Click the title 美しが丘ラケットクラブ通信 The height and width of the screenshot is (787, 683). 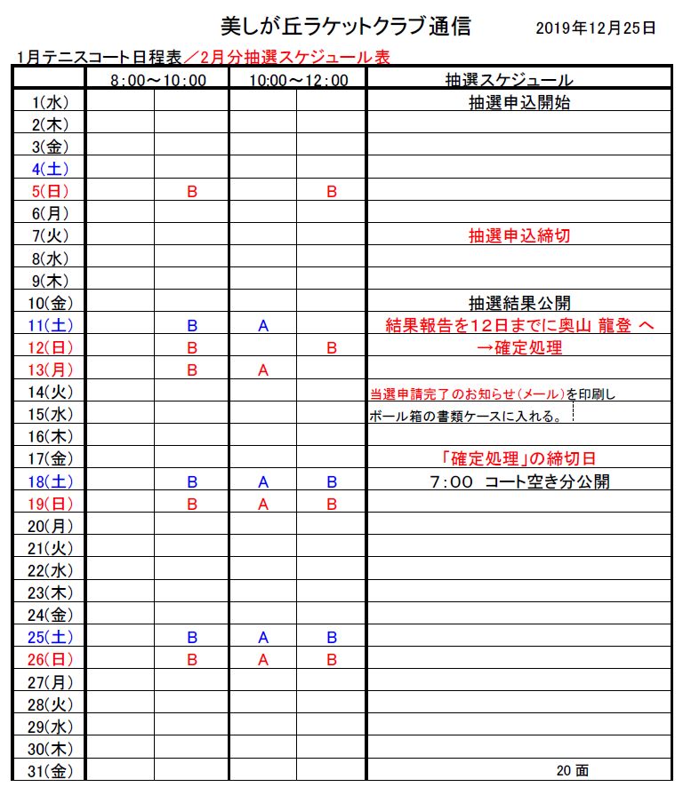[x=345, y=26]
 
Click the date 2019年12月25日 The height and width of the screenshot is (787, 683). [x=596, y=28]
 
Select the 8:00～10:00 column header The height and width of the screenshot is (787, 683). [x=157, y=80]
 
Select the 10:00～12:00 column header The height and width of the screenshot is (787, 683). [x=297, y=80]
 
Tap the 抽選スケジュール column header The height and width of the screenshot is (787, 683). [x=520, y=80]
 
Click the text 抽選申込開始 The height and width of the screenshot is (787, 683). [x=519, y=102]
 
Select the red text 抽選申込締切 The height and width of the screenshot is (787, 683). [x=519, y=235]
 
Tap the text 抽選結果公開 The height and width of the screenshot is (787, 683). [x=519, y=303]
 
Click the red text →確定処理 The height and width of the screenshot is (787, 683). [x=519, y=347]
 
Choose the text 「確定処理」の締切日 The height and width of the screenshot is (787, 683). [x=519, y=459]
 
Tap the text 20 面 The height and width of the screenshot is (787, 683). [x=572, y=771]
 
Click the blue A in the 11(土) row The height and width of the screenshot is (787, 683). [x=262, y=326]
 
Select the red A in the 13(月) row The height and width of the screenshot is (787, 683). [x=262, y=370]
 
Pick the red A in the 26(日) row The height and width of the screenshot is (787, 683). [x=262, y=660]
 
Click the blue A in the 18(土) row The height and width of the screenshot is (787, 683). [x=262, y=481]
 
